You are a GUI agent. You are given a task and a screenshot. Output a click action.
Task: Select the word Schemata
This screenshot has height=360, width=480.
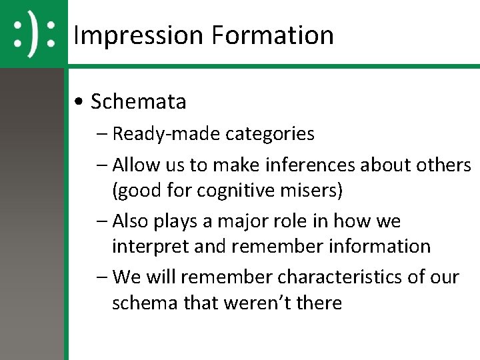(x=138, y=102)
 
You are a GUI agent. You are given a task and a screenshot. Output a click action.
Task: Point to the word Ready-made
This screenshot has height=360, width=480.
(x=167, y=134)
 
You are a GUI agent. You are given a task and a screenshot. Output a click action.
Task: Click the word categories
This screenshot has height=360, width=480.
(x=270, y=134)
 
